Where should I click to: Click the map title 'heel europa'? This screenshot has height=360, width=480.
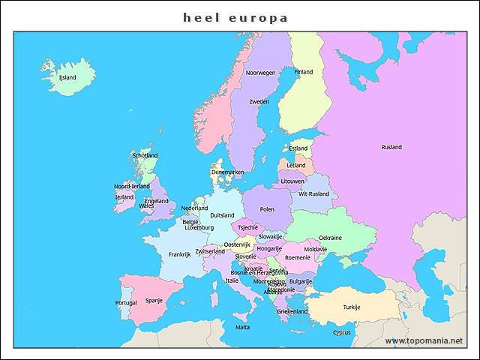click(x=235, y=16)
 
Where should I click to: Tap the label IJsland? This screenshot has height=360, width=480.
click(x=67, y=76)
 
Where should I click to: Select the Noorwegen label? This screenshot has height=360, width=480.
click(x=260, y=73)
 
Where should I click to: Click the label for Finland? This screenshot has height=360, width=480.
click(x=304, y=72)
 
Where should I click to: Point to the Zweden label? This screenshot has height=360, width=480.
click(x=259, y=101)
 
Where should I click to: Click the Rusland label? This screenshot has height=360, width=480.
click(x=391, y=147)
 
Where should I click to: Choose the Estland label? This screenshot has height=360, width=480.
click(x=298, y=148)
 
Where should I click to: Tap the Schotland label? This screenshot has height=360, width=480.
click(x=145, y=155)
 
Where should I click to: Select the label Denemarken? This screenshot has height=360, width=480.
click(x=227, y=172)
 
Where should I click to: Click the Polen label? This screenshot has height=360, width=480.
click(x=267, y=209)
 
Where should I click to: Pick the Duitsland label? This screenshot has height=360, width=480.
click(x=222, y=215)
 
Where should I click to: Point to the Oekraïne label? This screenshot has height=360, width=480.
click(x=330, y=238)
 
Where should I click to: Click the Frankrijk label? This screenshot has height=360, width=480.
click(x=180, y=254)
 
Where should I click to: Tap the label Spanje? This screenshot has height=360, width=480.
click(x=154, y=300)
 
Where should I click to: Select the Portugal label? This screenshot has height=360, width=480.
click(x=126, y=303)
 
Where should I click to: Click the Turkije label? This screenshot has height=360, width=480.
click(x=352, y=307)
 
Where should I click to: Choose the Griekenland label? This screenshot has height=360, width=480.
click(x=292, y=311)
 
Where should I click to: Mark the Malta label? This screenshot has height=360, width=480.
click(x=243, y=327)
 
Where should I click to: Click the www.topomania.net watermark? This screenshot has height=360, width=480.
click(x=424, y=340)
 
